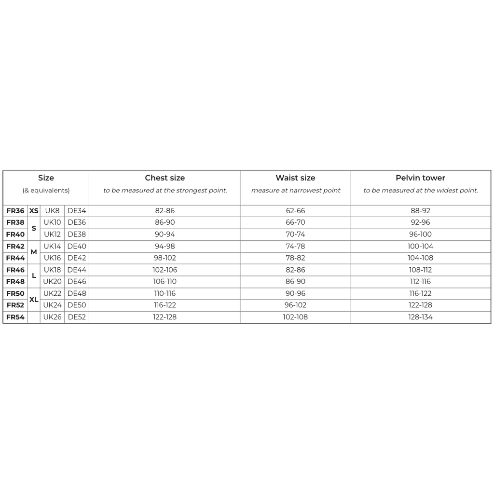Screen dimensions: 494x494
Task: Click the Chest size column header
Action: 165,178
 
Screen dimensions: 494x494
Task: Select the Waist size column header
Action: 295,178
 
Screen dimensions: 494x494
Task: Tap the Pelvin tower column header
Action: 420,178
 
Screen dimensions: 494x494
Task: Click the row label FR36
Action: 15,211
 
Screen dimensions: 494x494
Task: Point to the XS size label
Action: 34,211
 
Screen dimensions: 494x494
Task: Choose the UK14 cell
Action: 53,246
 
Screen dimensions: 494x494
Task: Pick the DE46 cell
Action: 77,281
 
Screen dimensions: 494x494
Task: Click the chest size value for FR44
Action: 165,258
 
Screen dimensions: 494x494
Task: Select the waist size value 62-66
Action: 295,211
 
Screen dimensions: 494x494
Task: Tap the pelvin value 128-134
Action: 420,317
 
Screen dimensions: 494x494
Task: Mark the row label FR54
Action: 15,317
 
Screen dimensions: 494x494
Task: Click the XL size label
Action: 34,299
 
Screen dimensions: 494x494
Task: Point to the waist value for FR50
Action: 295,293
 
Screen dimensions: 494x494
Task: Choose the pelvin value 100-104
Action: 420,246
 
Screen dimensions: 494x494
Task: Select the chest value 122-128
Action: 165,317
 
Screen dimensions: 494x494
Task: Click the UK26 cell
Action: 53,317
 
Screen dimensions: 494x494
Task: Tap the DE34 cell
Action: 77,211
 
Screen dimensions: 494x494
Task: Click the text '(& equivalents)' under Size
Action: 46,191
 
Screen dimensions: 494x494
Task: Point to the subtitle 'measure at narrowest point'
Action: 295,191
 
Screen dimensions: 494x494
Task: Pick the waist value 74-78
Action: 295,246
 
